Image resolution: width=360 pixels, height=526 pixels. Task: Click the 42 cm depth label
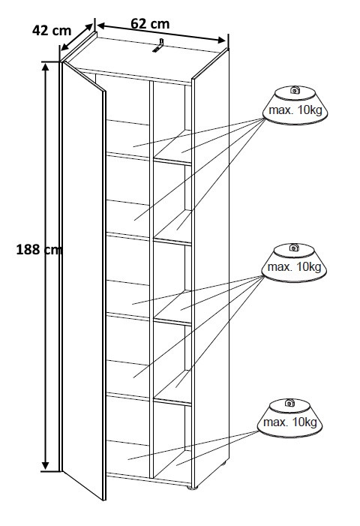point(52,31)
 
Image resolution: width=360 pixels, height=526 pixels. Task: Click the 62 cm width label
point(150,23)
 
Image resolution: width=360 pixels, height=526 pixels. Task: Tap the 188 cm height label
point(39,250)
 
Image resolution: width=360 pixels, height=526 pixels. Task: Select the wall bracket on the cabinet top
point(158,46)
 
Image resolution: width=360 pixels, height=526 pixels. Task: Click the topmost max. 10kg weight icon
point(295,105)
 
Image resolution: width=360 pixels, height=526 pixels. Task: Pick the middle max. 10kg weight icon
point(294,263)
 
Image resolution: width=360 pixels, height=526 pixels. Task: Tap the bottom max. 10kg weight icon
point(289,418)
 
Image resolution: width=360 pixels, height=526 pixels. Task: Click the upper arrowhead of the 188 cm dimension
point(46,67)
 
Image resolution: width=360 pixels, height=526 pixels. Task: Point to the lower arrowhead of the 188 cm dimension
point(46,464)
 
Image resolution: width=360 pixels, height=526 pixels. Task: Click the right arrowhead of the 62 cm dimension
point(221,40)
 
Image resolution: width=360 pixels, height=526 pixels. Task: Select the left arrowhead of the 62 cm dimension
point(101,26)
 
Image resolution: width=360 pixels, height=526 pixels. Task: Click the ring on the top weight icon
point(295,89)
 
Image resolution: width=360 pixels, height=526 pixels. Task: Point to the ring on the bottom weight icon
point(289,403)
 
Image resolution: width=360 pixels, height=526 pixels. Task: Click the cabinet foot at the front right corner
point(192,487)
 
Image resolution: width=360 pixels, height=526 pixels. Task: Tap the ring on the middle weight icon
point(294,247)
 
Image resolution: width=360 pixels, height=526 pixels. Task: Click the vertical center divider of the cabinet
point(151,278)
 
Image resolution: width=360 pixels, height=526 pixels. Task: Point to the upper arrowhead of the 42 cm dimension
point(88,28)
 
